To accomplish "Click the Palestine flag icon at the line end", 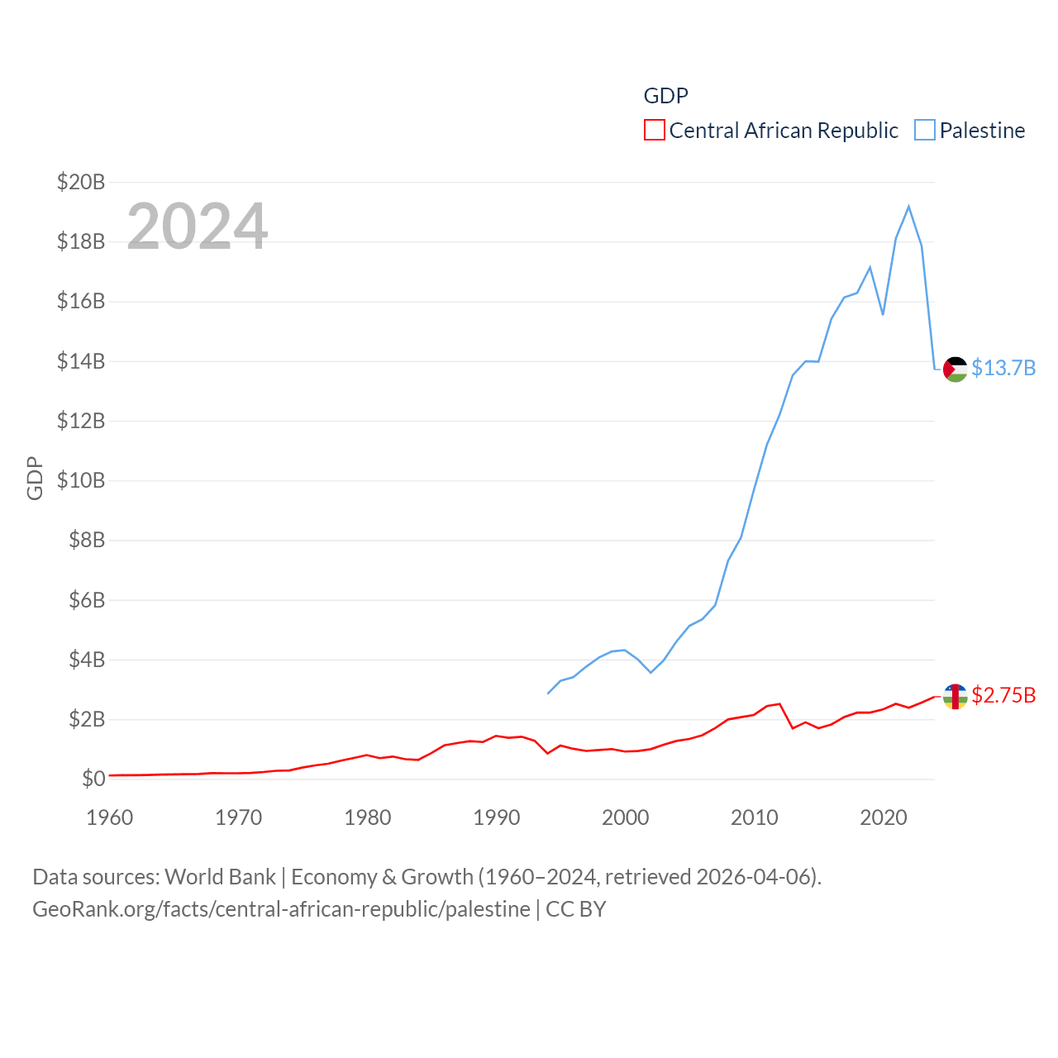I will (955, 369).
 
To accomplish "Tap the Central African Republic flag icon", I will (955, 696).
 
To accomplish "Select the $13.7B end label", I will (1003, 368).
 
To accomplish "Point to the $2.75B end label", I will (1003, 695).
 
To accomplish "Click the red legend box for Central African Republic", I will (655, 131).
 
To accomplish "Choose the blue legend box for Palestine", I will (925, 131).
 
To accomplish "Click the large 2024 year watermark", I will (197, 226).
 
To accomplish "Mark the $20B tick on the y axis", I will (81, 182).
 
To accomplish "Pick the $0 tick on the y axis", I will (93, 779).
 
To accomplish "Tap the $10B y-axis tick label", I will (81, 480).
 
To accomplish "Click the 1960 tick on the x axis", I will (110, 817).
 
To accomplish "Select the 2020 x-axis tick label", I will (884, 817).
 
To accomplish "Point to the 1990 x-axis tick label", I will (497, 817).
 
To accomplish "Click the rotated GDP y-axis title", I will (35, 478).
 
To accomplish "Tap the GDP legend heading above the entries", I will (665, 96).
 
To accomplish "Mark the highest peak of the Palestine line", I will (908, 207).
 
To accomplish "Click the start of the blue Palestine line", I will (548, 693).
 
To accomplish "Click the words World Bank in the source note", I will (220, 877).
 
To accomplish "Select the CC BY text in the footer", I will (576, 909).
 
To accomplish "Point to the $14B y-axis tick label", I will (81, 361).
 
